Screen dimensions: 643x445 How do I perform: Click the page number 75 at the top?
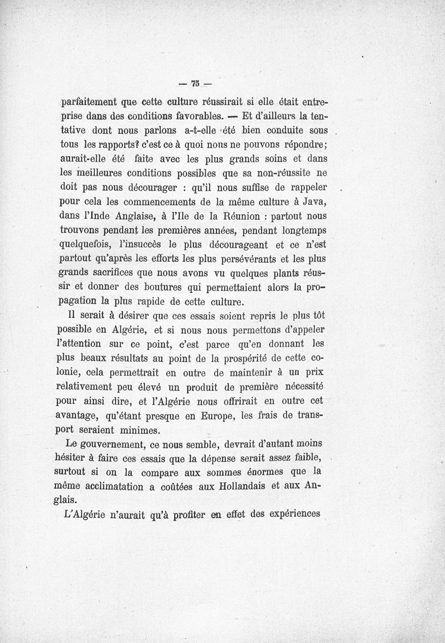point(195,84)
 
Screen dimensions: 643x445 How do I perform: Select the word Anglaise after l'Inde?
point(131,214)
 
